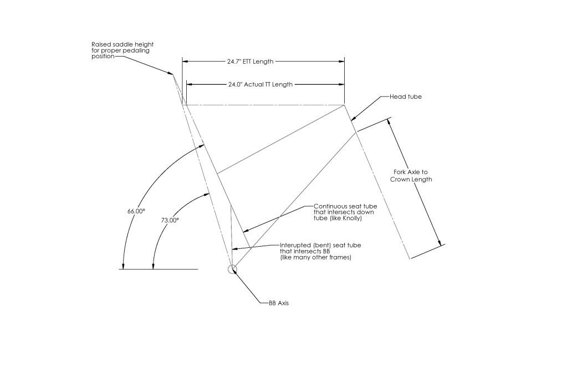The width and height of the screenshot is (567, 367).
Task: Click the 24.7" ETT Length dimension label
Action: (x=250, y=62)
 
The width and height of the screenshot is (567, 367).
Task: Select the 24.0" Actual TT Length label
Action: (x=260, y=85)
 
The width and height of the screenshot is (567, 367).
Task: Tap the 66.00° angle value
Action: (x=136, y=211)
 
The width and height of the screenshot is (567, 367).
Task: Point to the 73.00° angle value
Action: (x=170, y=220)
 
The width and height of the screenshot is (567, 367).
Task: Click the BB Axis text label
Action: (x=279, y=303)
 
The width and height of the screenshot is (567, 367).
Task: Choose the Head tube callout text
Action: (x=406, y=97)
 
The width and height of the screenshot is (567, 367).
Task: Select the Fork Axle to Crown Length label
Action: (x=411, y=176)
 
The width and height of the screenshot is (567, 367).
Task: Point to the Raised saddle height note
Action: (x=122, y=50)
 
